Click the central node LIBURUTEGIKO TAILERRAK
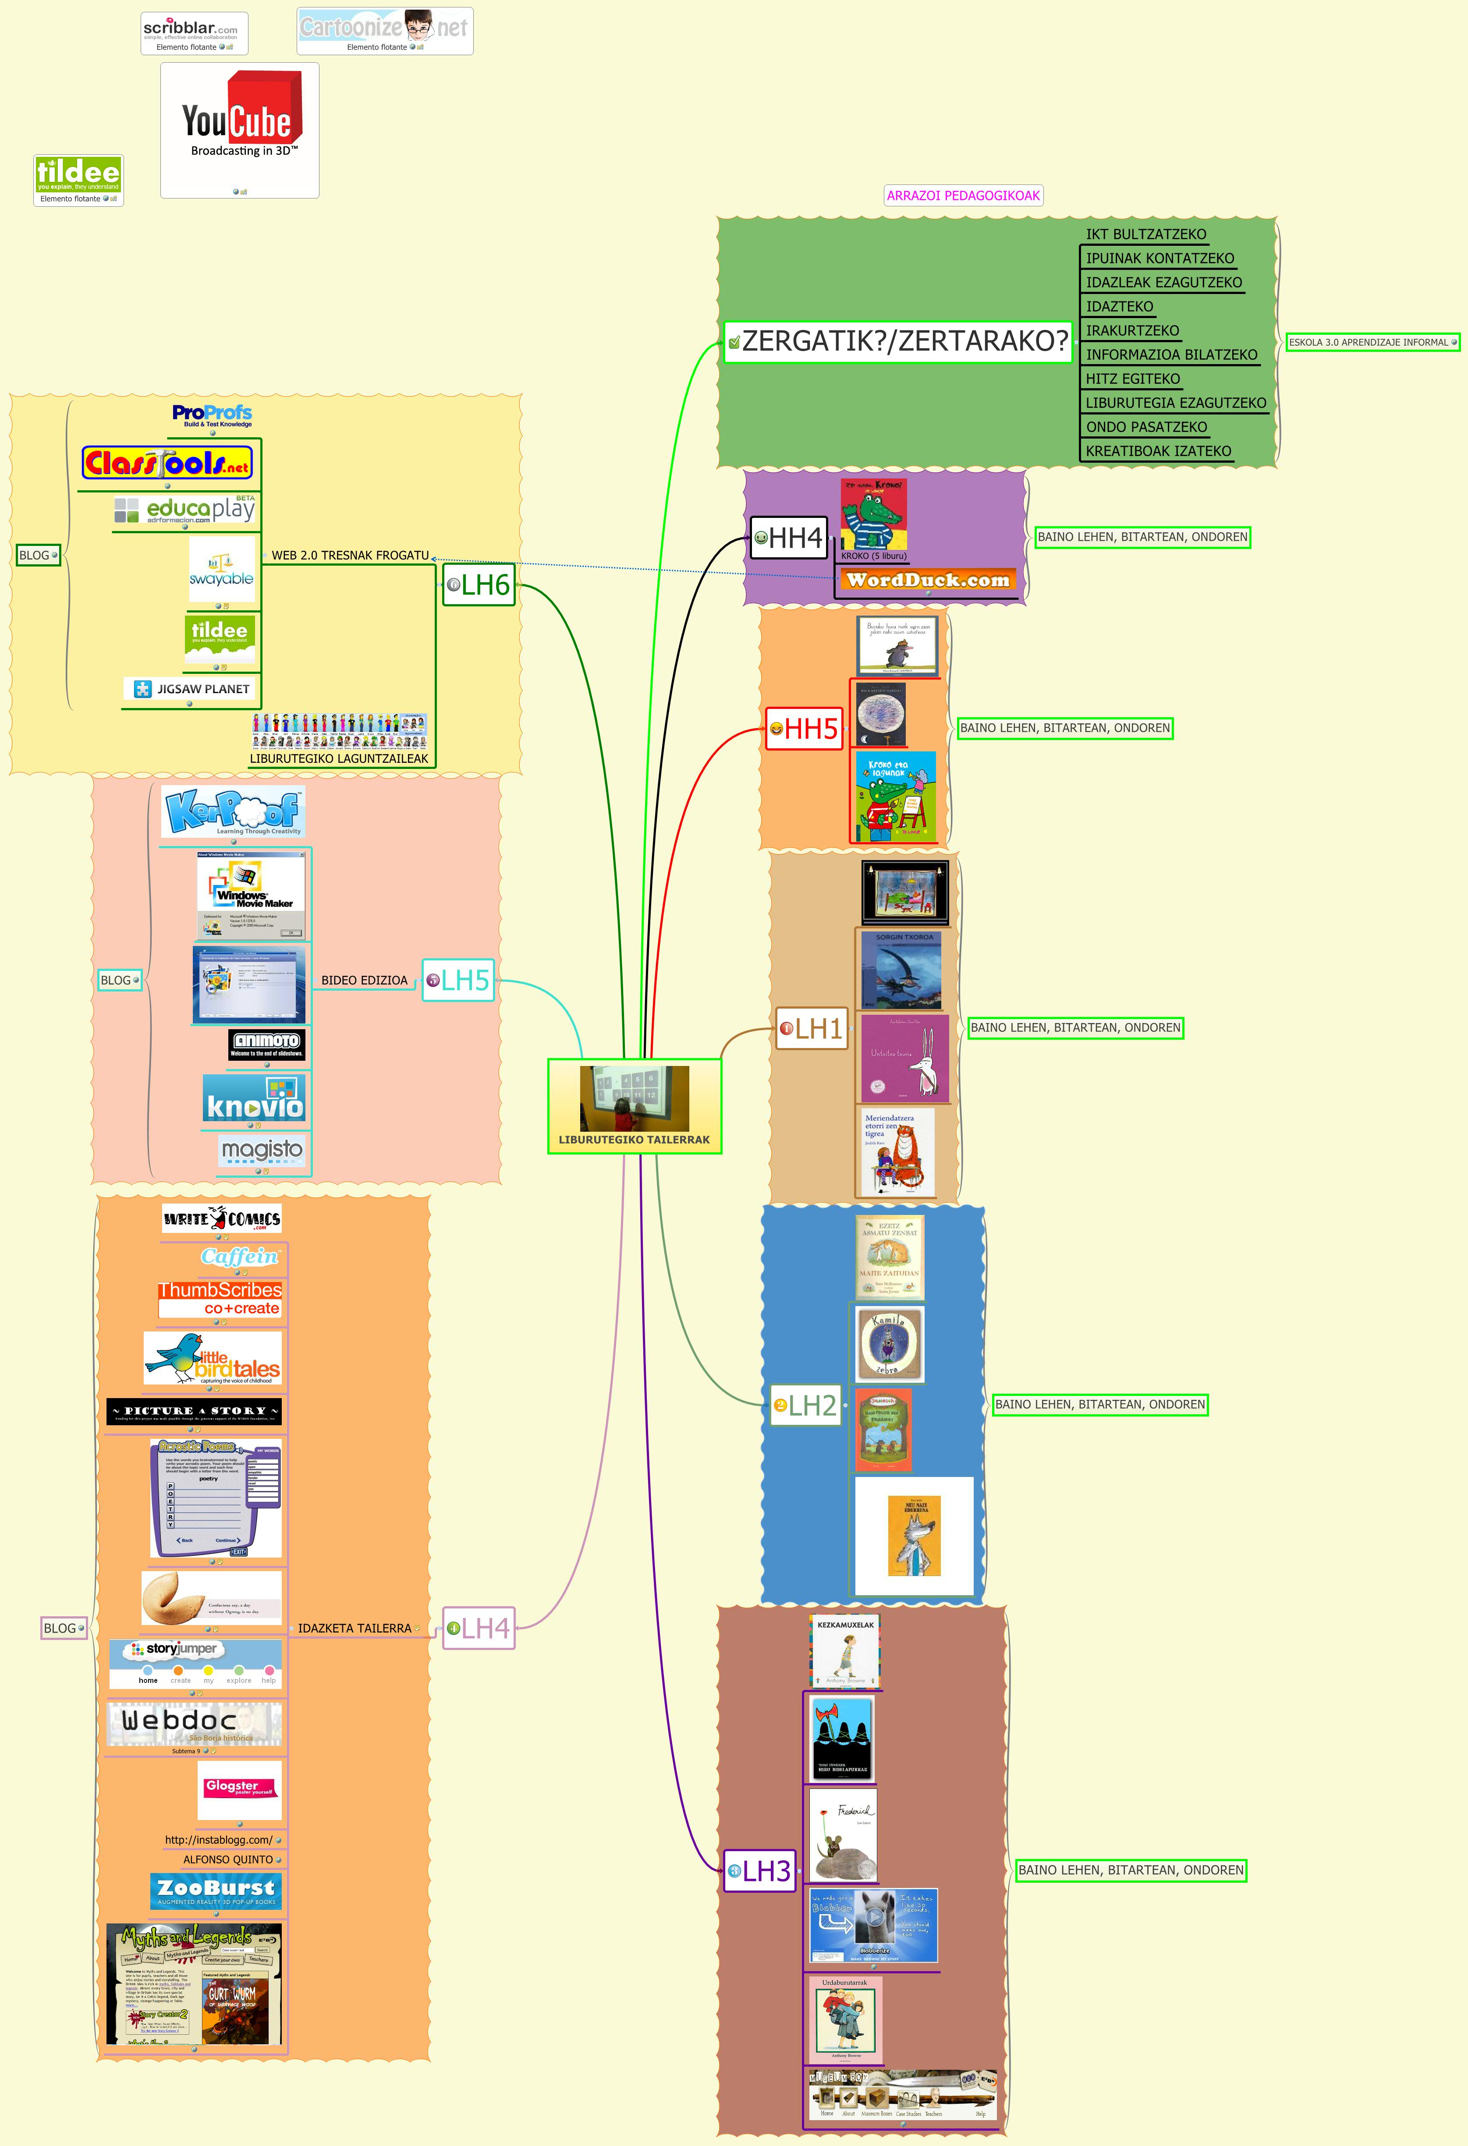(x=634, y=1106)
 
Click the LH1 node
(x=812, y=1028)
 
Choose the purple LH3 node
(x=759, y=1871)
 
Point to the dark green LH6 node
(x=478, y=584)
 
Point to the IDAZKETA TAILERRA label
(x=355, y=1628)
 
